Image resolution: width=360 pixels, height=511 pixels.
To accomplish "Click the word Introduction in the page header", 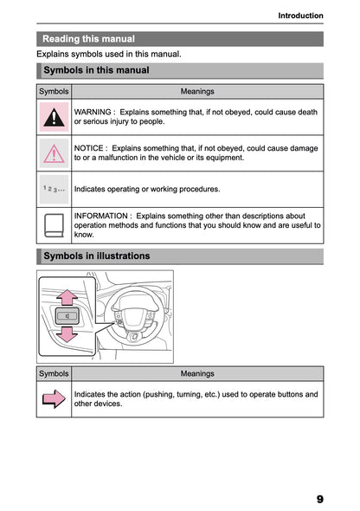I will (300, 16).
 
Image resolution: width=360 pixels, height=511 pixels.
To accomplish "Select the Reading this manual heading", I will (88, 39).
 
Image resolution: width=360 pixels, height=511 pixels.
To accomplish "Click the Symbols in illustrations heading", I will (96, 255).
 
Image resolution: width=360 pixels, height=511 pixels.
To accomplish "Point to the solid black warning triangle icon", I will (54, 116).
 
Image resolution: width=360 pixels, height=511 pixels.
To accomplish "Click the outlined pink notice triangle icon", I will (54, 152).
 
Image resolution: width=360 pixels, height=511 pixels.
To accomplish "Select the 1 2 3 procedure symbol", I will (54, 188).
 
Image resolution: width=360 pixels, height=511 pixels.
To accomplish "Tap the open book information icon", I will (54, 224).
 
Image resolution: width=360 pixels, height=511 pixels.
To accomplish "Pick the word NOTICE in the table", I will (90, 148).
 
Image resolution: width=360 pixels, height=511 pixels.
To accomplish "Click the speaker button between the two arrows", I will (66, 316).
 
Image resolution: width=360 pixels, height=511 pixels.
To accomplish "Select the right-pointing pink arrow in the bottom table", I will (54, 398).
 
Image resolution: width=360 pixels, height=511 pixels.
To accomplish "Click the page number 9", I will (319, 499).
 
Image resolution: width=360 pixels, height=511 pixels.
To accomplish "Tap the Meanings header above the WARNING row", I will (197, 91).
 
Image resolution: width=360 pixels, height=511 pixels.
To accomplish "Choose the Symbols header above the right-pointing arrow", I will (54, 373).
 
